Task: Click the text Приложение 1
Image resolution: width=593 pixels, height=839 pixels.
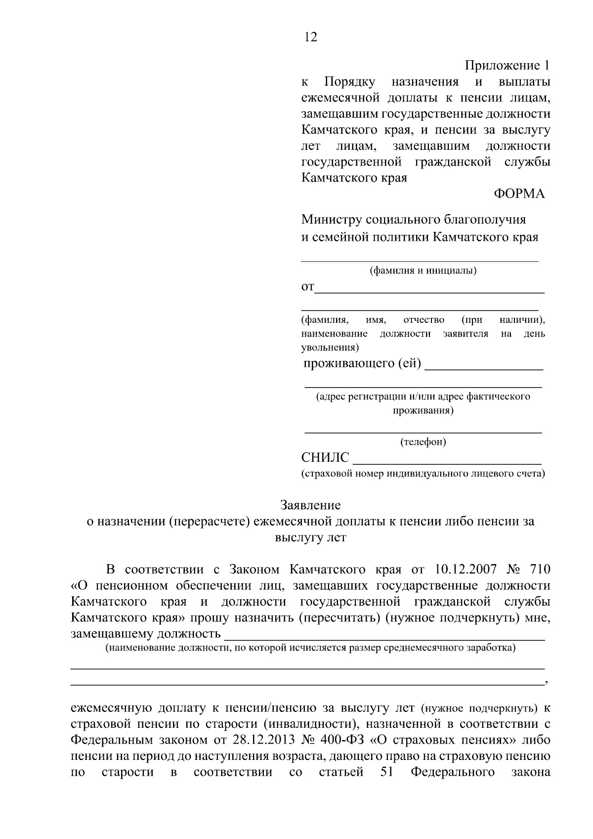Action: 507,65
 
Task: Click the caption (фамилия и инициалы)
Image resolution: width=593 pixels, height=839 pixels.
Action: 423,270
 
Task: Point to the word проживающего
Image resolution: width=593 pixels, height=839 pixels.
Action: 348,364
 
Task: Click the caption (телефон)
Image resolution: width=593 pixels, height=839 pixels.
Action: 423,442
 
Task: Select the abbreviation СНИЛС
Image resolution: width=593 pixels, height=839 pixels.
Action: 325,458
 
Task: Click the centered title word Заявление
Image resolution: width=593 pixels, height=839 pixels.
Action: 310,505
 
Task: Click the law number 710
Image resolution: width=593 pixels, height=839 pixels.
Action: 539,570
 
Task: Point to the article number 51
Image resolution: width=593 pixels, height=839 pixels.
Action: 386,772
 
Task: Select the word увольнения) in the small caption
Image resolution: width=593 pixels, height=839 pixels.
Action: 330,347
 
